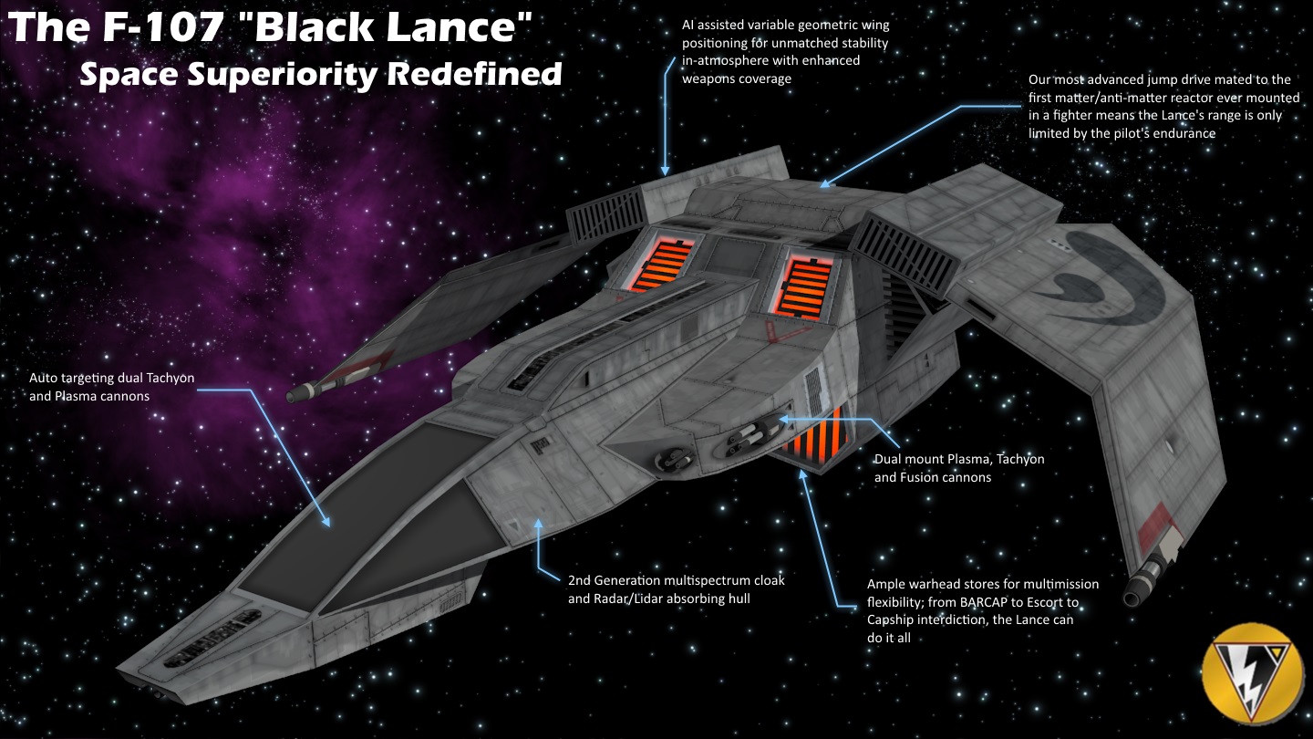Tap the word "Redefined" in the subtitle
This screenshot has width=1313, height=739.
coord(474,74)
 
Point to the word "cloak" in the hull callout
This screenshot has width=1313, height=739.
coord(767,580)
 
